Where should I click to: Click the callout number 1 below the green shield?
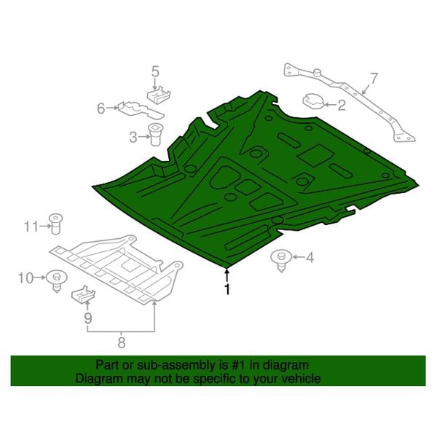[227, 289]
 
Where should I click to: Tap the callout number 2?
[342, 105]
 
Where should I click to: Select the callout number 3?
[133, 137]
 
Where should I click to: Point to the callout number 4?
[310, 257]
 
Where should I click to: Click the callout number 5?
[155, 71]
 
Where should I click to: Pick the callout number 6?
[101, 108]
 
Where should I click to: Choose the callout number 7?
[374, 79]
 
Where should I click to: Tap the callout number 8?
[121, 342]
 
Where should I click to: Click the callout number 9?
[88, 318]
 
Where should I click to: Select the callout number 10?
[25, 278]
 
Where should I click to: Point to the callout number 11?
[31, 227]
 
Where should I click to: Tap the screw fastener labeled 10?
[57, 281]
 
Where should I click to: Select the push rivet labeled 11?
[56, 224]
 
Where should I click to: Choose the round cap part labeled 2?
[313, 101]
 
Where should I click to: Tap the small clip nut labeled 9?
[83, 294]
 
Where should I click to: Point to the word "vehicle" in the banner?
[300, 379]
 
